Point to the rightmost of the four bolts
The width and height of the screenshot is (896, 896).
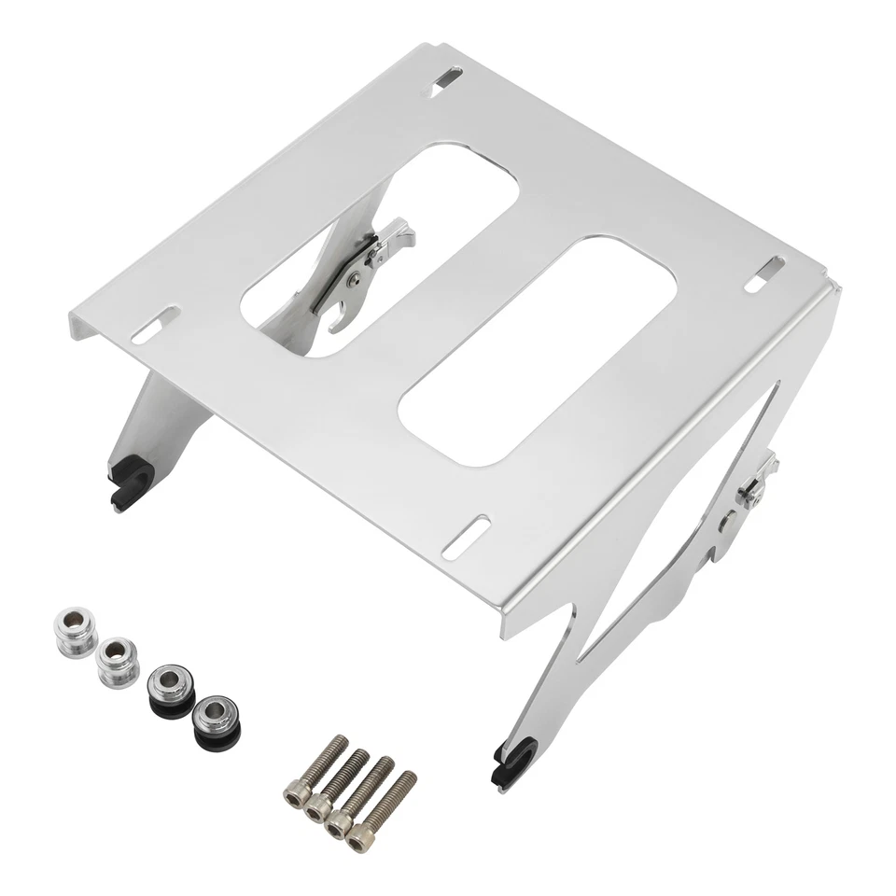tap(384, 810)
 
